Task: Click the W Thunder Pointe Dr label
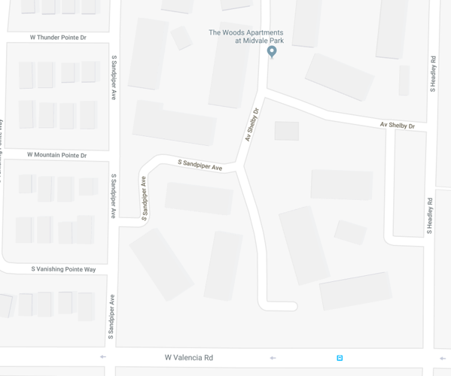coord(58,37)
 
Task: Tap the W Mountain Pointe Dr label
coord(56,155)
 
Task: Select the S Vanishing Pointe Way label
coord(63,269)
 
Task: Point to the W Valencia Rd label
coord(188,358)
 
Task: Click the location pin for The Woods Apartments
coord(272,51)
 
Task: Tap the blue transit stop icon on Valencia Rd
coord(340,358)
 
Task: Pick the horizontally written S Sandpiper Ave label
coord(200,165)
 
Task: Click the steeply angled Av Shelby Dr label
coord(252,125)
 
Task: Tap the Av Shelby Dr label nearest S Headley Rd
coord(397,125)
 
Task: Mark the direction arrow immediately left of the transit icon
coord(273,358)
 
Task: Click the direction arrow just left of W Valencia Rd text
coord(103,357)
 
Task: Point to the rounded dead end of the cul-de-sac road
coord(290,306)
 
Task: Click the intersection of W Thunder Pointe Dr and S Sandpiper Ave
coord(114,37)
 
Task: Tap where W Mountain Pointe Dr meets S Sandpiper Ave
coord(114,155)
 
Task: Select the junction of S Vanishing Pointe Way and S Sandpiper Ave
coord(114,269)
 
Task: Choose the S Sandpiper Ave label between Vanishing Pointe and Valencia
coord(111,314)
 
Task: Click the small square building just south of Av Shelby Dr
coord(286,131)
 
